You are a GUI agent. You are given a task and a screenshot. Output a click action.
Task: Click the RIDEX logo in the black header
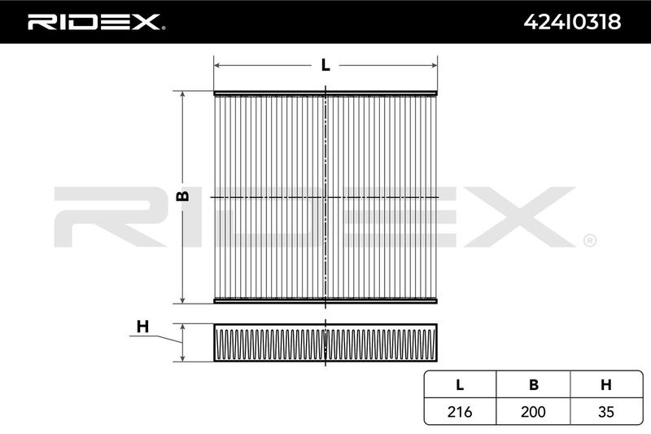point(95,22)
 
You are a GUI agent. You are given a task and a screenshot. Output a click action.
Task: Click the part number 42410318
point(572,22)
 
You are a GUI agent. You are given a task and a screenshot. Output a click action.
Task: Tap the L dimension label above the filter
point(325,65)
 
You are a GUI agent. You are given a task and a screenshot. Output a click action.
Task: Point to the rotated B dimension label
point(182,196)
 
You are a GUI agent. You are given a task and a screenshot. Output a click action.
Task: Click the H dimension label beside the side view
point(142,327)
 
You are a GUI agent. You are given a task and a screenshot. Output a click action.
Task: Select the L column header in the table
point(460,385)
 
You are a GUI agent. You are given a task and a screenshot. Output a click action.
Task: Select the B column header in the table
point(534,385)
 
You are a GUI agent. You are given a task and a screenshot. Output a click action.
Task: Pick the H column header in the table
point(606,385)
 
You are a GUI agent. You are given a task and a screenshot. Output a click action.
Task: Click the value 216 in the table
point(460,411)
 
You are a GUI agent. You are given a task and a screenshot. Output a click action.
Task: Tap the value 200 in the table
point(533,411)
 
